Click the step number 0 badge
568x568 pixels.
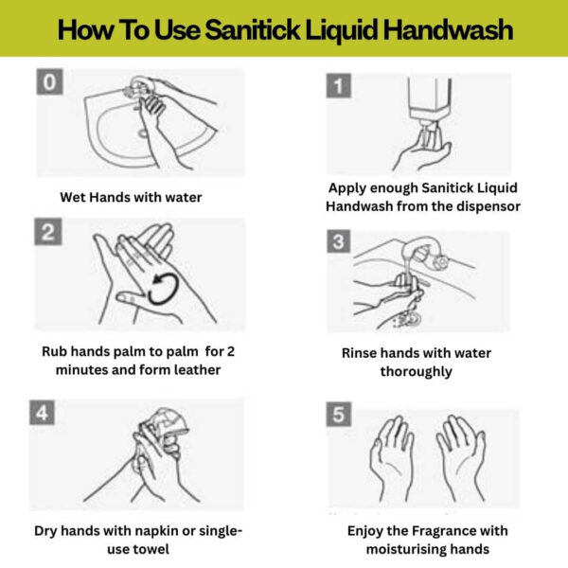(49, 81)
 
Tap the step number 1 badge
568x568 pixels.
(339, 85)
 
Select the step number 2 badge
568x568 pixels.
(48, 232)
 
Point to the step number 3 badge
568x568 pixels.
(339, 240)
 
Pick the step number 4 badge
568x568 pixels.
(42, 412)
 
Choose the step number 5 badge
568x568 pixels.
(339, 414)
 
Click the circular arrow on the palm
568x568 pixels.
(165, 288)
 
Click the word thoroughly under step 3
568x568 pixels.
(417, 372)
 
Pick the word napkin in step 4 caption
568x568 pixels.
(156, 531)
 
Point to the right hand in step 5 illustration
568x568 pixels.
(461, 458)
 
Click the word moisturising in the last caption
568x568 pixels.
(402, 550)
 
